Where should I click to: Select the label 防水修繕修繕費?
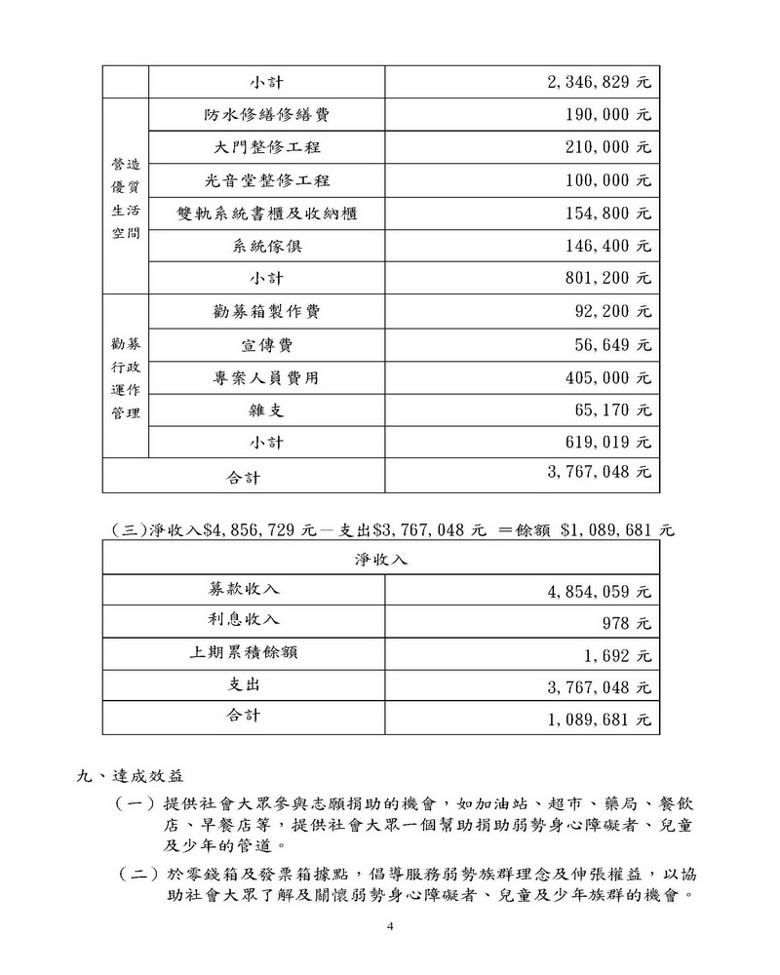click(x=266, y=115)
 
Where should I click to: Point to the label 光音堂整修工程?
click(x=266, y=180)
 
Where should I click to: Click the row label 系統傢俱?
click(x=266, y=246)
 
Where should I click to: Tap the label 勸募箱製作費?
click(x=266, y=312)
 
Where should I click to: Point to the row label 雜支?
click(x=266, y=410)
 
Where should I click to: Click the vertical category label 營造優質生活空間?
click(x=125, y=197)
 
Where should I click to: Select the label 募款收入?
click(x=245, y=589)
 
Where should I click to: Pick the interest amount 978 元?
click(x=626, y=622)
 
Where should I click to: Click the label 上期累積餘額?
click(x=245, y=652)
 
